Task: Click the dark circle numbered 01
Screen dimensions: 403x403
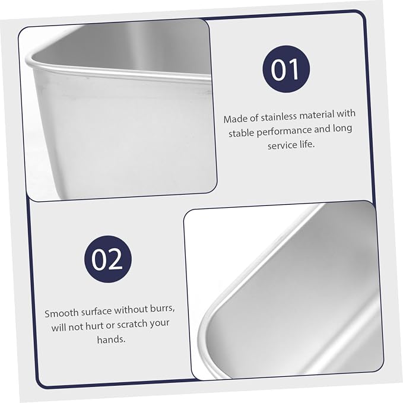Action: pyautogui.click(x=286, y=69)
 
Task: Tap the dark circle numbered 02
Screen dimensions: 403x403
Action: pyautogui.click(x=108, y=259)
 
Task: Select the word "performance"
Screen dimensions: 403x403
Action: pyautogui.click(x=284, y=131)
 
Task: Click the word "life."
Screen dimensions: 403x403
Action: pyautogui.click(x=307, y=144)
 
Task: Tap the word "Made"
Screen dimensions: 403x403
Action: pyautogui.click(x=233, y=119)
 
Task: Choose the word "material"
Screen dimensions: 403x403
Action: pyautogui.click(x=317, y=115)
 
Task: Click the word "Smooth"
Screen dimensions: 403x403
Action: pyautogui.click(x=61, y=313)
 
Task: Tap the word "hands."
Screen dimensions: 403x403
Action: pyautogui.click(x=112, y=339)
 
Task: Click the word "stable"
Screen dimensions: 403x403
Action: pyautogui.click(x=241, y=134)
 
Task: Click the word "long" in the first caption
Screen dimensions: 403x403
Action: pyautogui.click(x=342, y=129)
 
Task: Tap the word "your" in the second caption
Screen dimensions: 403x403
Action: pyautogui.click(x=160, y=323)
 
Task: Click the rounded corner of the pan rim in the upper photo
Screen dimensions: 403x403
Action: pyautogui.click(x=30, y=59)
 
